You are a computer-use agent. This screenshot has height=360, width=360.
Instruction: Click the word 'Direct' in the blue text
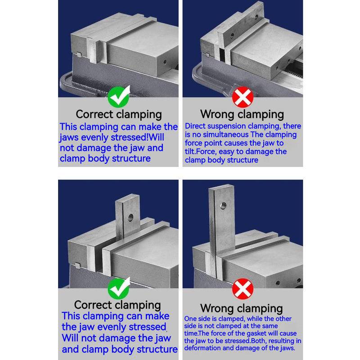point(193,126)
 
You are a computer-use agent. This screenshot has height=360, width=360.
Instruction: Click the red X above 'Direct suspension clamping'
point(243,97)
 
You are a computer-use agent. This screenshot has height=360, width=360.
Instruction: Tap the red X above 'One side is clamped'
point(243,288)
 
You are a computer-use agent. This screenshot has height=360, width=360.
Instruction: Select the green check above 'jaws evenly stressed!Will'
point(119,97)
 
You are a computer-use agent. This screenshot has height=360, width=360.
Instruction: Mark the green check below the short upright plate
point(119,288)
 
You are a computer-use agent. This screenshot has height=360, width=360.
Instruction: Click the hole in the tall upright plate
point(223,206)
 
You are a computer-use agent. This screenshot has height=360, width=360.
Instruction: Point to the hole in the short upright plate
point(130,217)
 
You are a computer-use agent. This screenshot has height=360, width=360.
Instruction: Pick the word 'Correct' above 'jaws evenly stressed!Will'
point(94,114)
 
